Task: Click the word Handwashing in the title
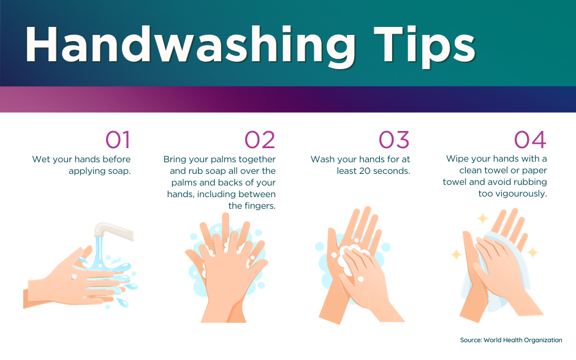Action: pos(191,47)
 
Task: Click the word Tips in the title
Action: pos(425,47)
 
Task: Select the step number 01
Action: pos(118,140)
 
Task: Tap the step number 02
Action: pos(260,140)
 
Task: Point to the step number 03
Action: pos(394,140)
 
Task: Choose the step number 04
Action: pos(530,140)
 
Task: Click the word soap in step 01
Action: pos(119,171)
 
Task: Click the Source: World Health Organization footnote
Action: pos(511,340)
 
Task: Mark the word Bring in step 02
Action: pos(175,160)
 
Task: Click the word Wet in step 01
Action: pos(40,159)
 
